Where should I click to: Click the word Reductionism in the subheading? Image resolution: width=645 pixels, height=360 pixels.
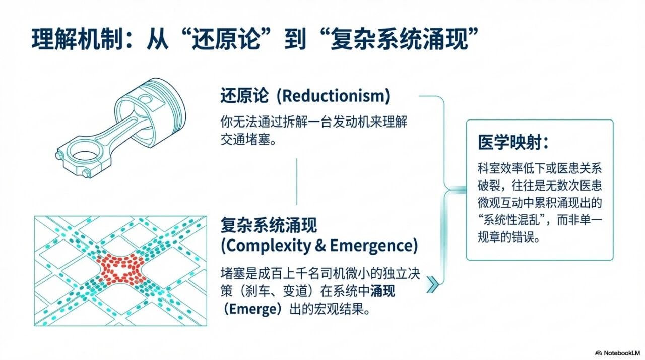[x=334, y=96]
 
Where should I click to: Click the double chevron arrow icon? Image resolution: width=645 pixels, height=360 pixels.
[x=433, y=284]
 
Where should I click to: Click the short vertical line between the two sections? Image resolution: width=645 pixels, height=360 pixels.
[x=297, y=182]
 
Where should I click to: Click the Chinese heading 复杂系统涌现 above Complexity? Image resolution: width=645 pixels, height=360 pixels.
[x=269, y=225]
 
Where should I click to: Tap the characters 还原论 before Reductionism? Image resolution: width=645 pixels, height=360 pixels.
[x=244, y=96]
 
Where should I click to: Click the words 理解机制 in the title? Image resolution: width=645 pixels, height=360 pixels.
[x=76, y=39]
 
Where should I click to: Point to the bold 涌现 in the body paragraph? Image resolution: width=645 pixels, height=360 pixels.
[x=382, y=291]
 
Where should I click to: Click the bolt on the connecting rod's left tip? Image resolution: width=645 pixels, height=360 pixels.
[x=59, y=155]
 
